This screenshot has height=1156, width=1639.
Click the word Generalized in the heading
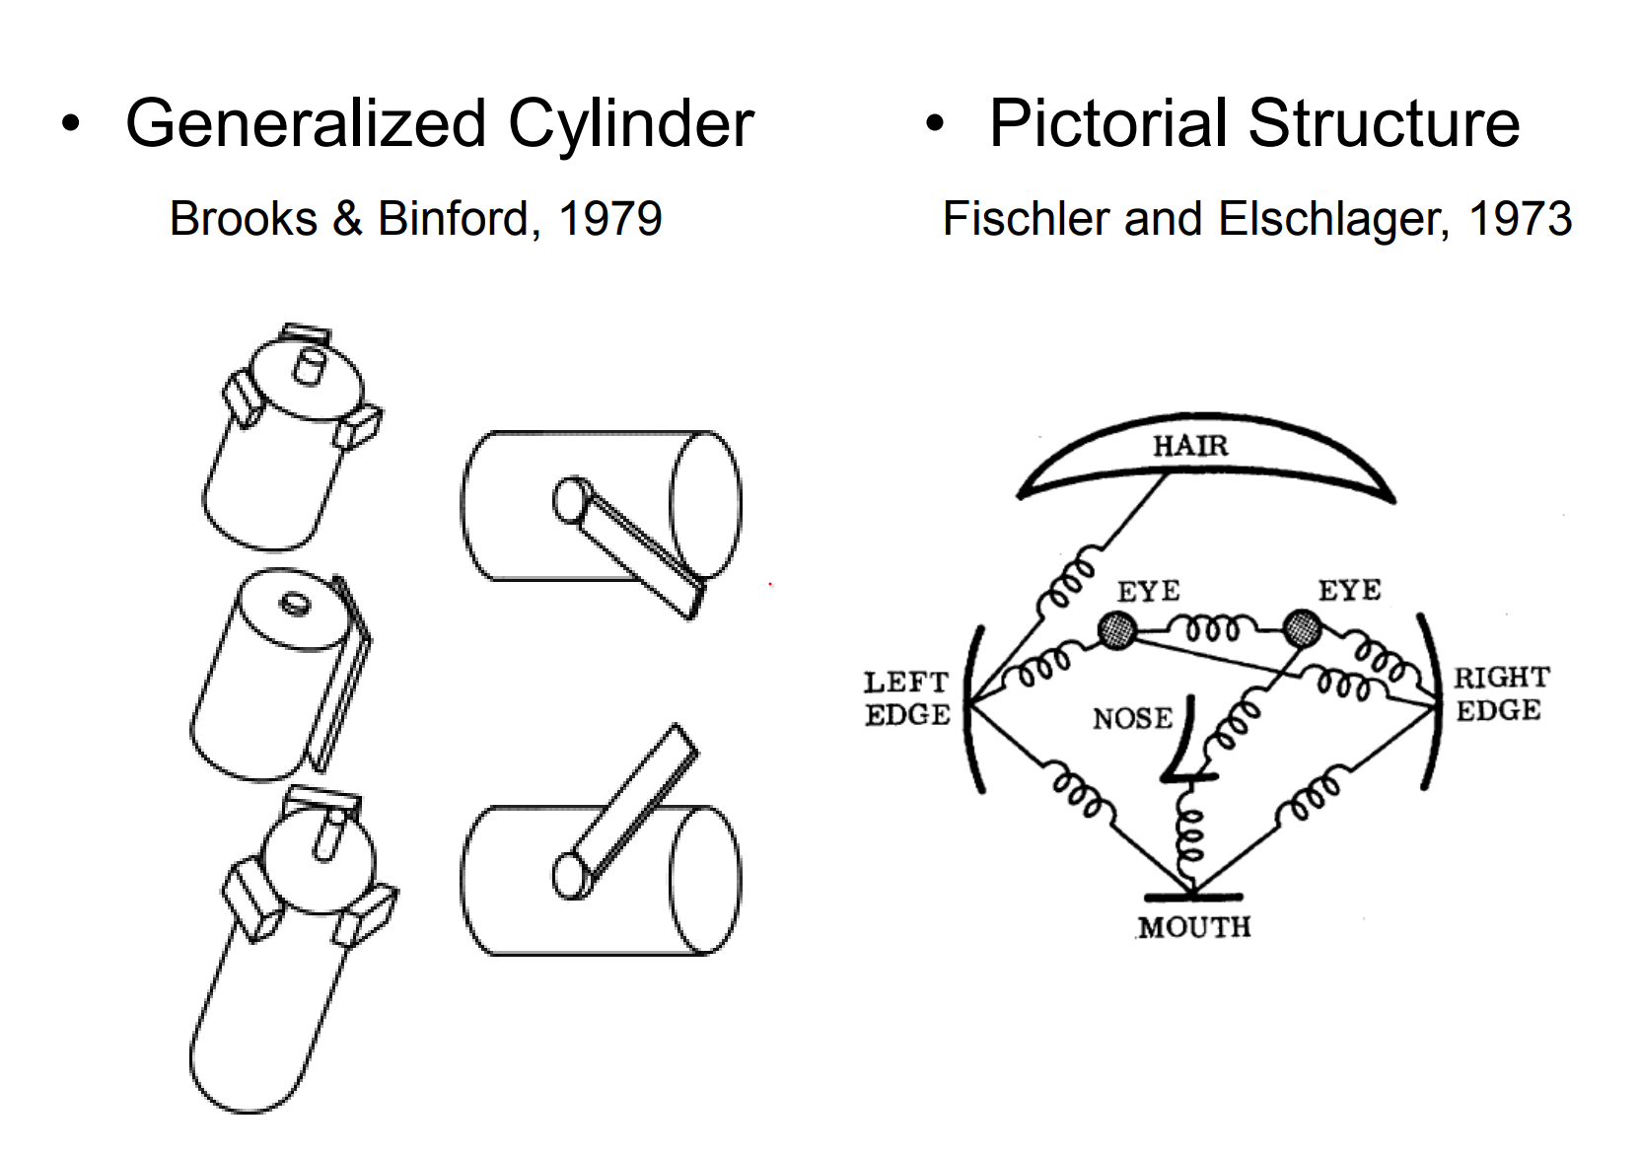307,125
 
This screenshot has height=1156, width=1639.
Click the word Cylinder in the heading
631,125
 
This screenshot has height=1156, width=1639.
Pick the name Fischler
1027,218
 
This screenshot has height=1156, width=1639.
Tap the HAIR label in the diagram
1190,446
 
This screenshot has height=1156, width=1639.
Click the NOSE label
1132,718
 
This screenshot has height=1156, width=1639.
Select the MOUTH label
1193,927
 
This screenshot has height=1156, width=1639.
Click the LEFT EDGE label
906,697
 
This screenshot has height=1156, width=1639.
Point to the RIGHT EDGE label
1501,693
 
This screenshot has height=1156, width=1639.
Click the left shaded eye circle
1116,629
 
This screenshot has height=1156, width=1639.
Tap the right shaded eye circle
1302,627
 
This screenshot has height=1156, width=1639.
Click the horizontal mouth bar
1192,897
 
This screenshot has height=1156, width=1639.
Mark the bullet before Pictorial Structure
934,124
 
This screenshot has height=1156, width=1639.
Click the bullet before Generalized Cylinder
70,124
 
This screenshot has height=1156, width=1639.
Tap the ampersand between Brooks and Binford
347,218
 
